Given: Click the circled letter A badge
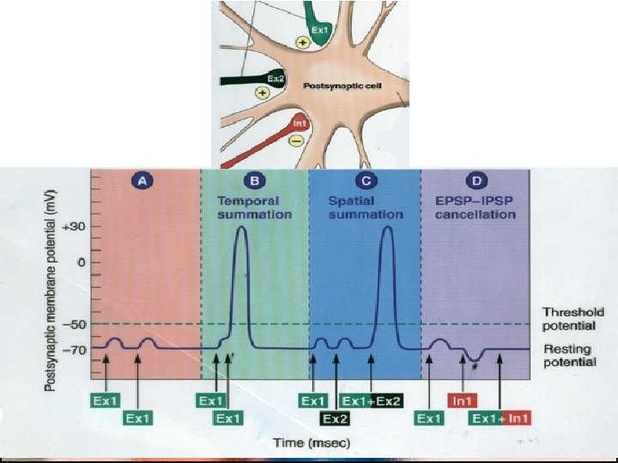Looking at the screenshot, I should (143, 182).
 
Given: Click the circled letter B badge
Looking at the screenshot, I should (254, 182).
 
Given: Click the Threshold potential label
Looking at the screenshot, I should (573, 319).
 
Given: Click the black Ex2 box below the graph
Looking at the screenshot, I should (335, 418).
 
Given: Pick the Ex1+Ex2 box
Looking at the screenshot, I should (371, 400).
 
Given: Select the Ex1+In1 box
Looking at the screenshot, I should (500, 418).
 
